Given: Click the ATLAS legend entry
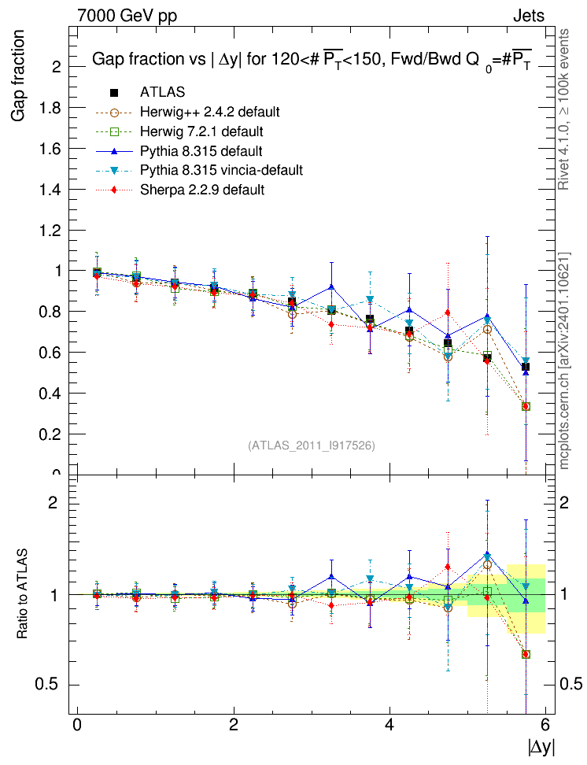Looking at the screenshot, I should coord(162,92).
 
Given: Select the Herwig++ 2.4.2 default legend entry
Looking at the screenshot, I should coord(209,111).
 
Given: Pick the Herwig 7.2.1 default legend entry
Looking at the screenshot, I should coord(201,131).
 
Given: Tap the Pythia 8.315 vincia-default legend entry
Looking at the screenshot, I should coord(221,170).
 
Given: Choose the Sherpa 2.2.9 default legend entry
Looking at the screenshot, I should coord(201,190).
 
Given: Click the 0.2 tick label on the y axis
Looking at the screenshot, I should coord(55,434).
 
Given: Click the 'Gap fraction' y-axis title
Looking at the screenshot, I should coord(18,76).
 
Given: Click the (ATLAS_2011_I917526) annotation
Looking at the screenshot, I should coord(312,445).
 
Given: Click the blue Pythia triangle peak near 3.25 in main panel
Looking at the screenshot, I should coord(331,286).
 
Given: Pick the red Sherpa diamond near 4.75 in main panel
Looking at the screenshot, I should coord(448,313).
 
